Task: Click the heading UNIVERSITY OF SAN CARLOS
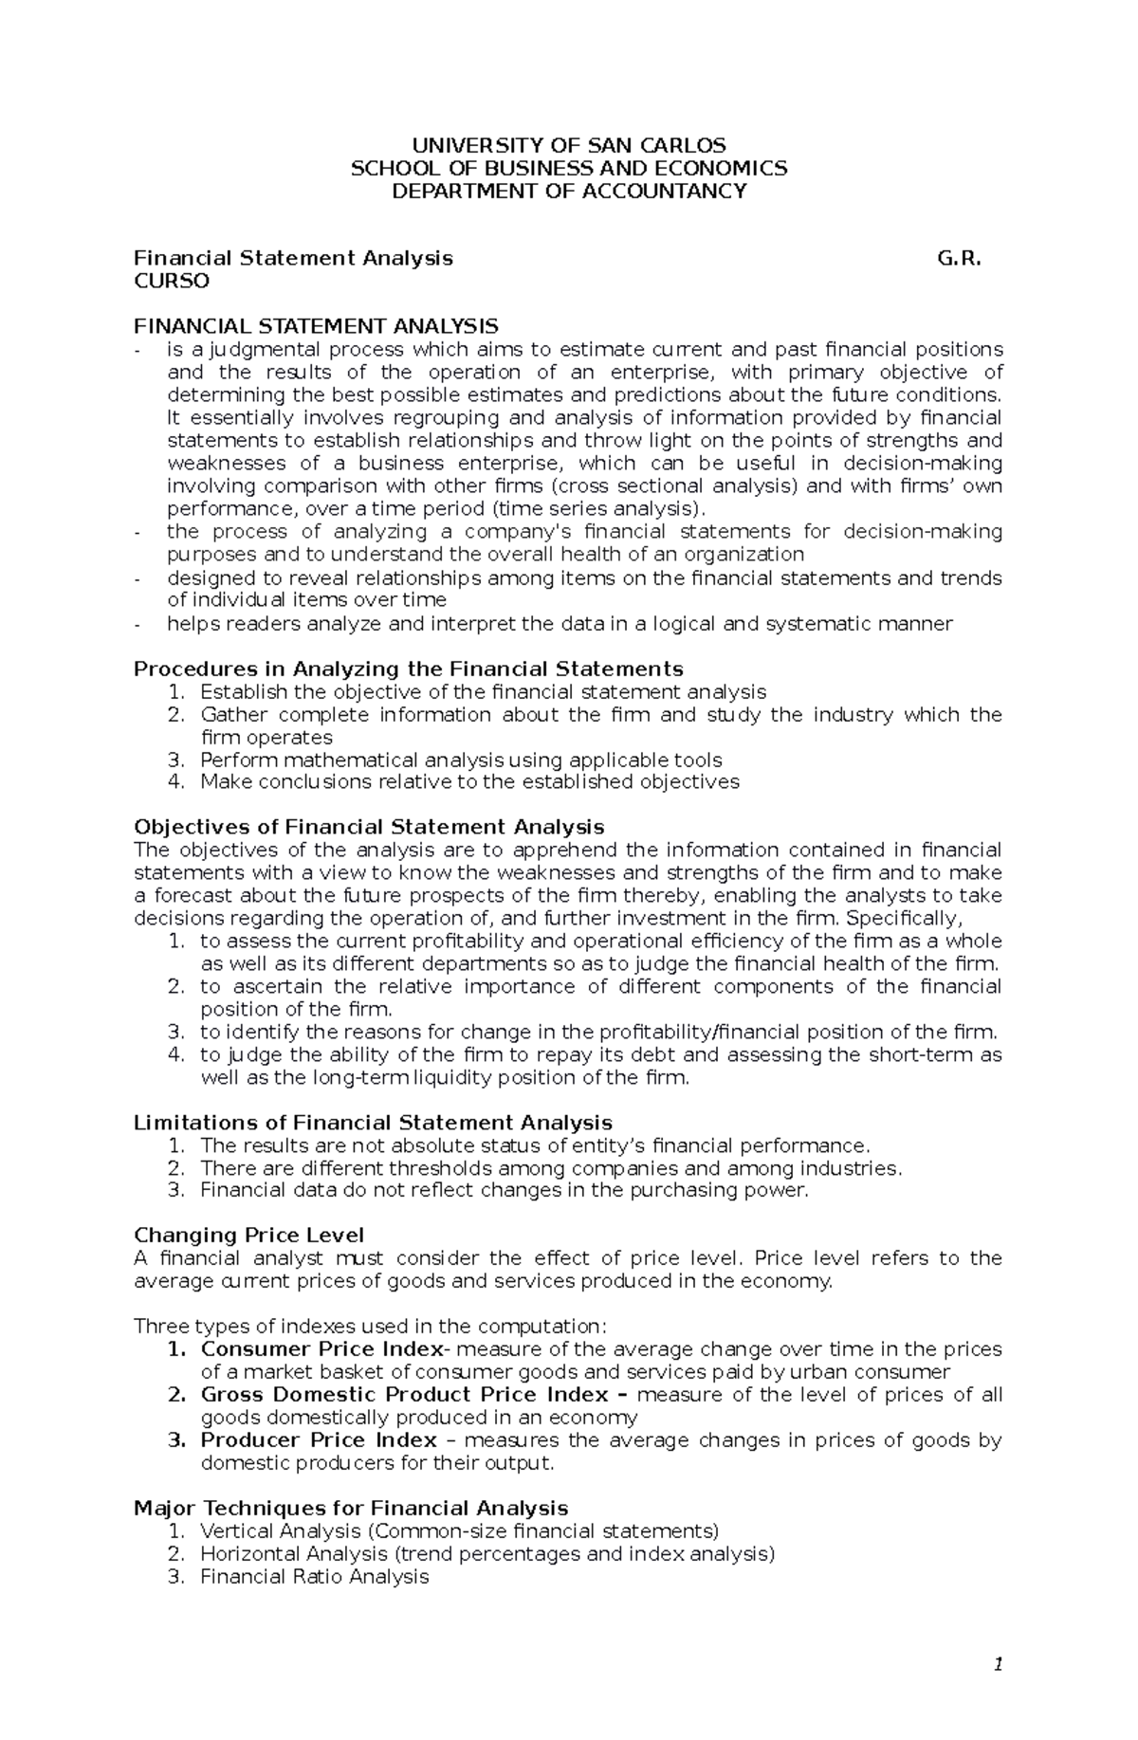pyautogui.click(x=568, y=145)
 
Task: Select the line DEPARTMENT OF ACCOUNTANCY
pyautogui.click(x=568, y=191)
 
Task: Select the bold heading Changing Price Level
pyautogui.click(x=248, y=1235)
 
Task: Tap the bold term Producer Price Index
pyautogui.click(x=319, y=1439)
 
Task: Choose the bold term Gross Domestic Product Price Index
pyautogui.click(x=404, y=1394)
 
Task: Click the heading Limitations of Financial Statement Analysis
pyautogui.click(x=373, y=1122)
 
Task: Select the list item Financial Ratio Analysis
pyautogui.click(x=314, y=1576)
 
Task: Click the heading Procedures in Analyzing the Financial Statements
pyautogui.click(x=408, y=669)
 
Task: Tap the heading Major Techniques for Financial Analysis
pyautogui.click(x=351, y=1508)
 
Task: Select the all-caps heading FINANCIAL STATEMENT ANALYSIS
pyautogui.click(x=316, y=326)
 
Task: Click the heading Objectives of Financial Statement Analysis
pyautogui.click(x=369, y=827)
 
